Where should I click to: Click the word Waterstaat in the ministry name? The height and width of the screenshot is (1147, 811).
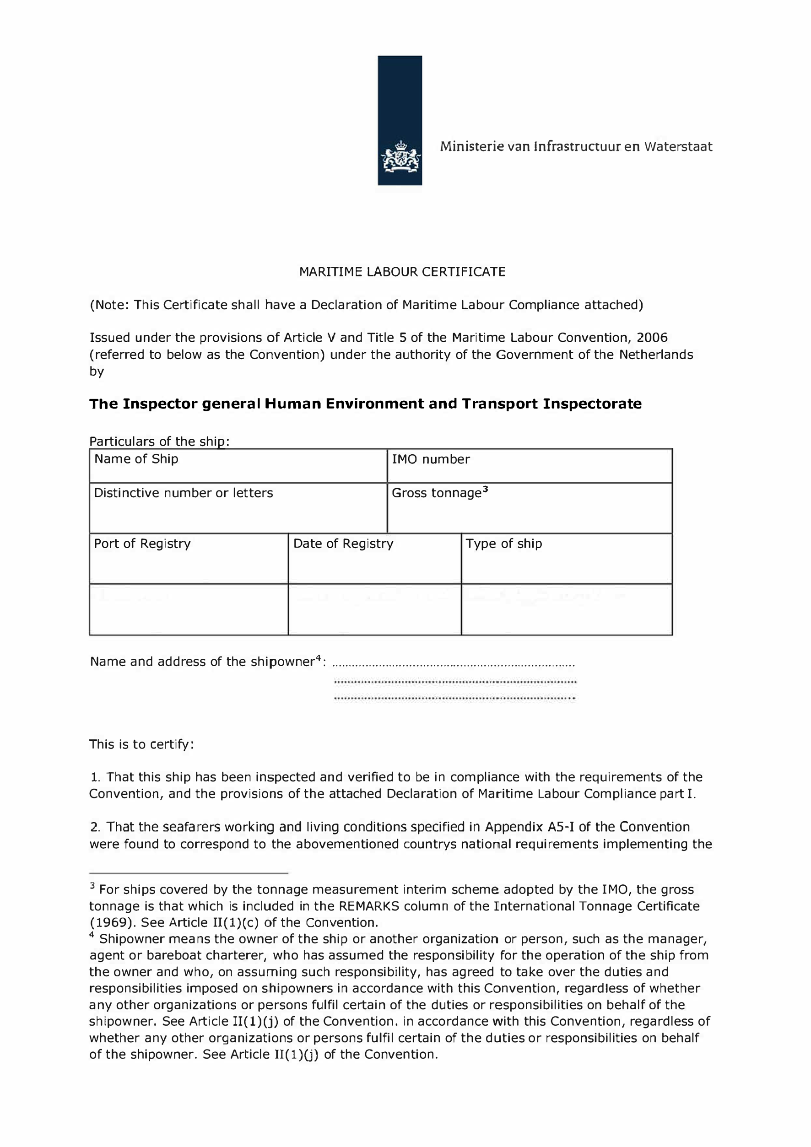pyautogui.click(x=678, y=146)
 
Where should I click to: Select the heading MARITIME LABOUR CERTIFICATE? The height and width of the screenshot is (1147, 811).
pyautogui.click(x=402, y=272)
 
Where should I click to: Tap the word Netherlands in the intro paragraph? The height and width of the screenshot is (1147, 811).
pyautogui.click(x=656, y=355)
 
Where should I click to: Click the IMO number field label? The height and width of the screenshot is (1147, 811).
pyautogui.click(x=431, y=460)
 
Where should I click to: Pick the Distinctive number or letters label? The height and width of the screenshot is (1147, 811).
pyautogui.click(x=184, y=493)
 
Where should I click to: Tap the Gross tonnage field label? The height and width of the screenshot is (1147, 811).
pyautogui.click(x=437, y=493)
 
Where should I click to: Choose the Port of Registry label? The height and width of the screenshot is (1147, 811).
pyautogui.click(x=142, y=544)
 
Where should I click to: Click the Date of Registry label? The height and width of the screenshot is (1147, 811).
pyautogui.click(x=343, y=544)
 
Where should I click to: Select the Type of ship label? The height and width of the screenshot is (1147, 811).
pyautogui.click(x=504, y=544)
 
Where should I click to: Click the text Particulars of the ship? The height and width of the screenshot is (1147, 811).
pyautogui.click(x=159, y=442)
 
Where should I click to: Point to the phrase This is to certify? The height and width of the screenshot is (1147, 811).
pyautogui.click(x=141, y=744)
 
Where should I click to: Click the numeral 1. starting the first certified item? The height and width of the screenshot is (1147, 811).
pyautogui.click(x=96, y=777)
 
